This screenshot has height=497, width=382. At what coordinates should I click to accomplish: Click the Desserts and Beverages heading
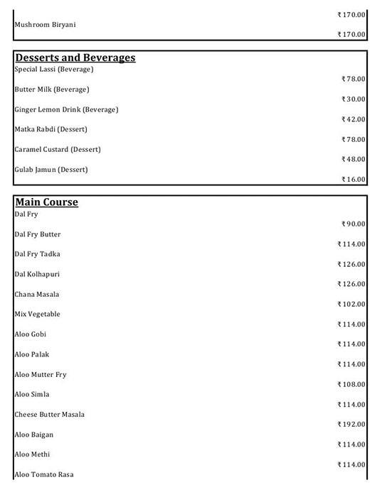pyautogui.click(x=75, y=58)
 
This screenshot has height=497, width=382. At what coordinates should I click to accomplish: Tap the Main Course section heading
pyautogui.click(x=46, y=202)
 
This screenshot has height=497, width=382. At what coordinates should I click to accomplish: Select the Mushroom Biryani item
pyautogui.click(x=45, y=25)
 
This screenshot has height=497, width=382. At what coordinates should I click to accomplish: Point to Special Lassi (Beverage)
pyautogui.click(x=53, y=70)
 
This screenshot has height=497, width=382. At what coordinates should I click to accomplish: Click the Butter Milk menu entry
pyautogui.click(x=51, y=89)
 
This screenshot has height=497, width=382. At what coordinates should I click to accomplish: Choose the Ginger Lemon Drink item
pyautogui.click(x=66, y=109)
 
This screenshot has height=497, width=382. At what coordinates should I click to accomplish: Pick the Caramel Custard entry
pyautogui.click(x=57, y=149)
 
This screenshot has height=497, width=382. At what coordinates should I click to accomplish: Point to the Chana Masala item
pyautogui.click(x=36, y=294)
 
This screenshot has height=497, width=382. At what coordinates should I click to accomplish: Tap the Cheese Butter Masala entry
pyautogui.click(x=49, y=414)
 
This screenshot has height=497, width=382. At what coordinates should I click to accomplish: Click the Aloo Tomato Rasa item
pyautogui.click(x=44, y=474)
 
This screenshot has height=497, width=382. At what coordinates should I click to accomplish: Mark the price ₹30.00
pyautogui.click(x=354, y=99)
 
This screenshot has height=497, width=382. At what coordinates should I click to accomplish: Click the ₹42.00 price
pyautogui.click(x=354, y=119)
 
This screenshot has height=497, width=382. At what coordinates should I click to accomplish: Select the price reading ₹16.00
pyautogui.click(x=354, y=180)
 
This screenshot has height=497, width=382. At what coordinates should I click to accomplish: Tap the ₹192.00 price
pyautogui.click(x=351, y=424)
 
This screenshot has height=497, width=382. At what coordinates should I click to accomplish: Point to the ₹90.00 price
pyautogui.click(x=354, y=224)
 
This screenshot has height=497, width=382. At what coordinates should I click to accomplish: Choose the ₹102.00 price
pyautogui.click(x=351, y=304)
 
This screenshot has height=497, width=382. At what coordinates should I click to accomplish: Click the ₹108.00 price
pyautogui.click(x=351, y=384)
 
